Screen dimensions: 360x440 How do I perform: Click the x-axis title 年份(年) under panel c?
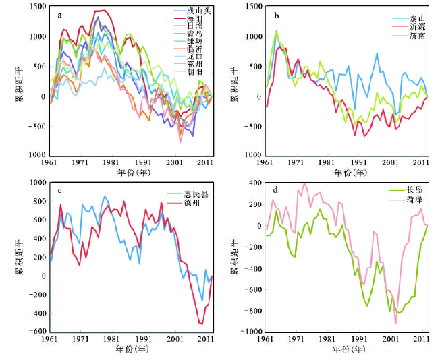[x=130, y=351]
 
